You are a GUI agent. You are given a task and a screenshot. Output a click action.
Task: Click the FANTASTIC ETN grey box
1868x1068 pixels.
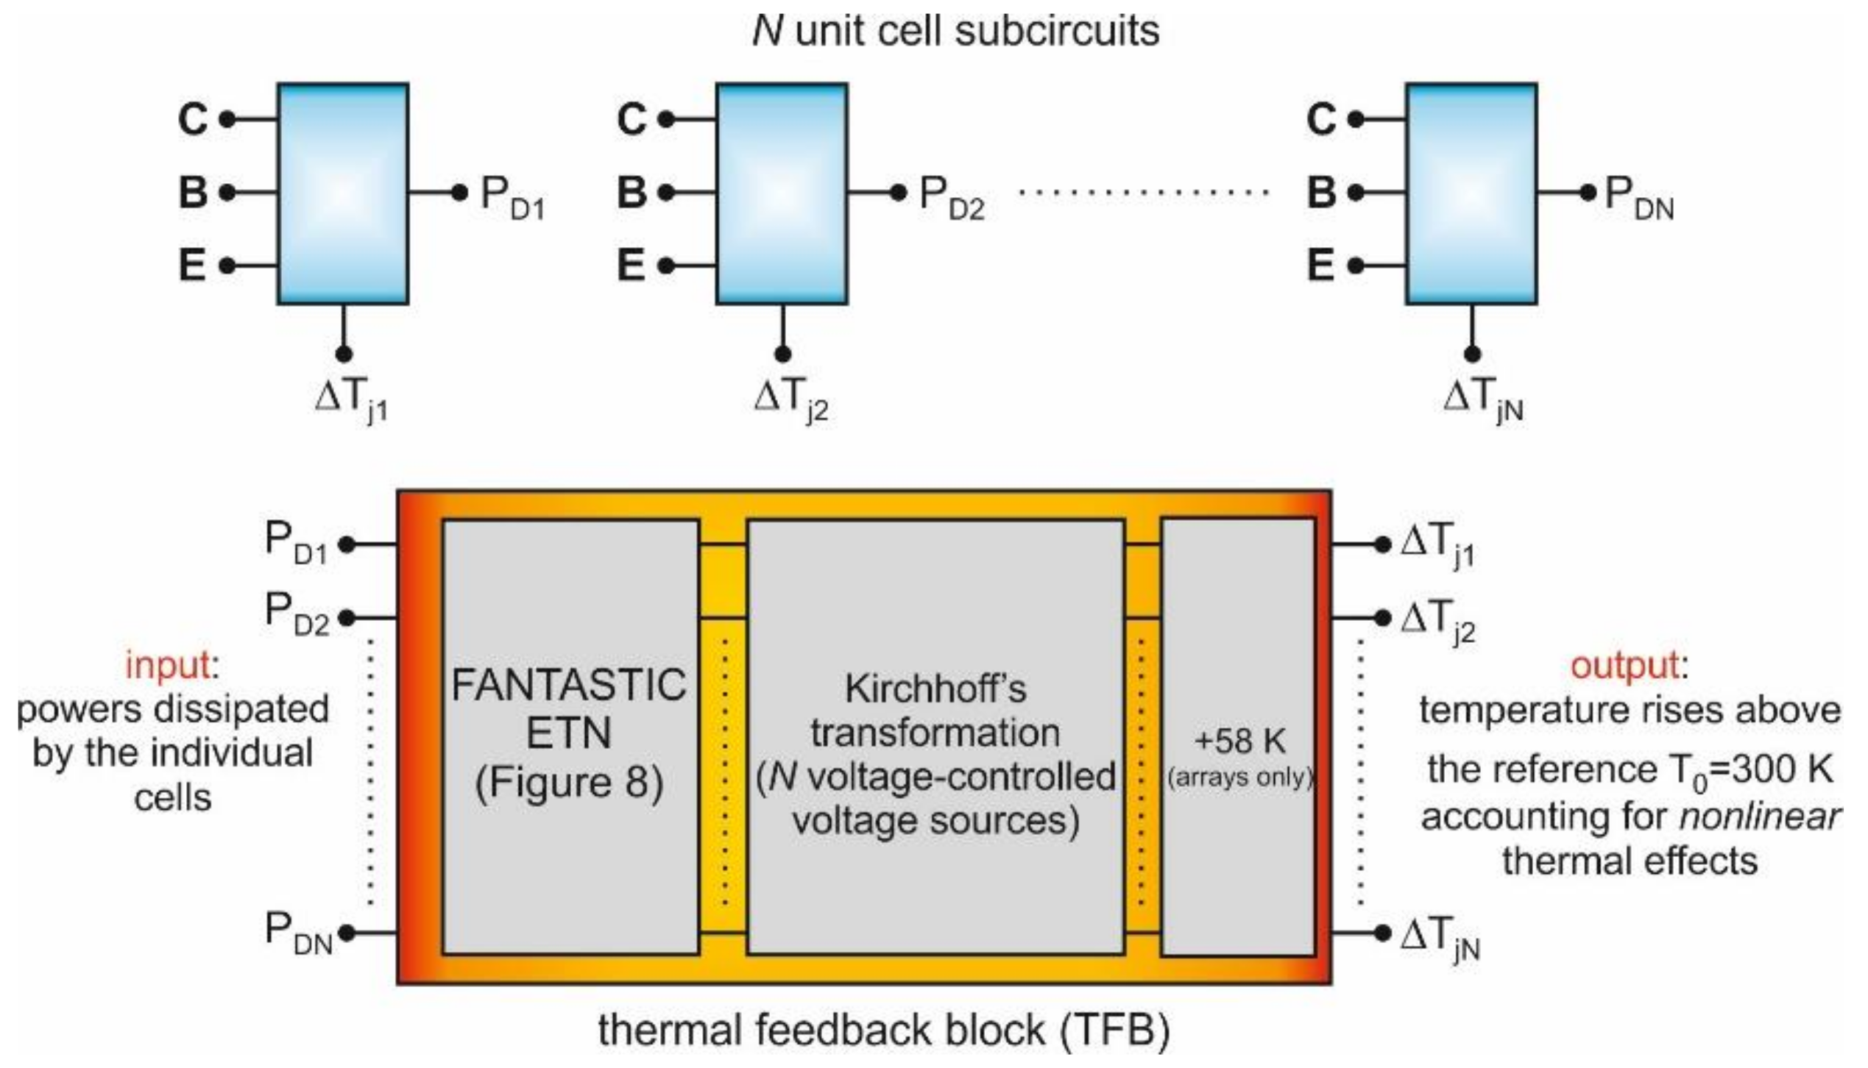570,736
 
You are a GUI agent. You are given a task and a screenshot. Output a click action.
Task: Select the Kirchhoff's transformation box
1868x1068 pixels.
935,736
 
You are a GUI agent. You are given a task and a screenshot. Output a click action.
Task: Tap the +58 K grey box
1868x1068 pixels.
1239,736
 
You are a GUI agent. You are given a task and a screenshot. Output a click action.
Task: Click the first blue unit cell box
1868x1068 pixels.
343,193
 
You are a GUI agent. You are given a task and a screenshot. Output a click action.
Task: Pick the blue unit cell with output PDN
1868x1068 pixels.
1471,193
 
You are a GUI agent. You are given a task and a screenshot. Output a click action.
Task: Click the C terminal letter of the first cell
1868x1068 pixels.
193,119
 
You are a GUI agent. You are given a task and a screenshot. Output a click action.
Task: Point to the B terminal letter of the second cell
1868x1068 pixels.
631,193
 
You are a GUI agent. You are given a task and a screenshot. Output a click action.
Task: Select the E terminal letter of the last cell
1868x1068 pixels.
1321,265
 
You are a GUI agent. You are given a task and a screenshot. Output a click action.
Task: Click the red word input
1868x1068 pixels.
168,666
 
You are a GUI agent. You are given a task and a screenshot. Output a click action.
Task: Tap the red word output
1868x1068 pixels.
1624,666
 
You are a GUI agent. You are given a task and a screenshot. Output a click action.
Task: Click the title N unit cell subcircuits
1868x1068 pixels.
955,31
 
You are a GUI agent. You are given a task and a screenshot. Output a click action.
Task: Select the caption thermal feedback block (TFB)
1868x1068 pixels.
883,1030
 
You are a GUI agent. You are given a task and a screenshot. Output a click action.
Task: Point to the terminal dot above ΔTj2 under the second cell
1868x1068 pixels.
783,354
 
